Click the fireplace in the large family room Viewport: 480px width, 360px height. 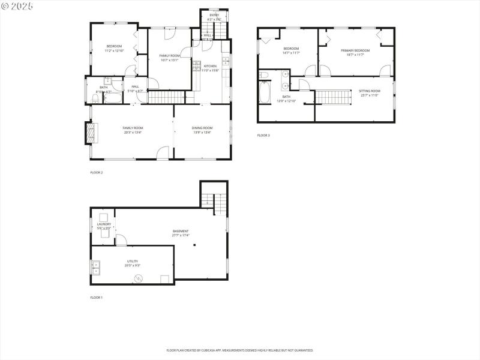click(91, 133)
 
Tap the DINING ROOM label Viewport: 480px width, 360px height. click(202, 128)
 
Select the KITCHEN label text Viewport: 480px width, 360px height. click(210, 66)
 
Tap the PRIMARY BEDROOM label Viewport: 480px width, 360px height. click(355, 50)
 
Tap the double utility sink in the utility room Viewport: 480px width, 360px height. click(95, 267)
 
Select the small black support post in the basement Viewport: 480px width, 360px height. click(194, 245)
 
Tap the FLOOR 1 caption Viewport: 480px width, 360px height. click(97, 298)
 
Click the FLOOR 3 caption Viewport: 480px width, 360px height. click(263, 136)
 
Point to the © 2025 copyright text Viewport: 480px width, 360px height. click(17, 5)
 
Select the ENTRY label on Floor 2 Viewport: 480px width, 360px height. click(214, 15)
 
